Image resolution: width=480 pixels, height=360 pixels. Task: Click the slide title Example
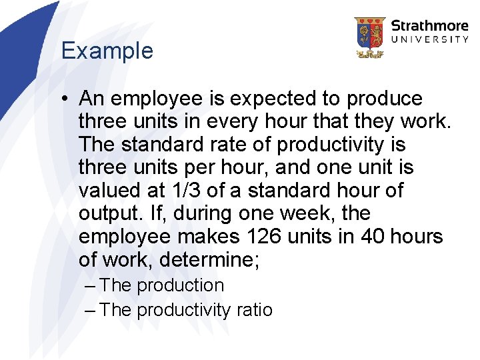pos(107,51)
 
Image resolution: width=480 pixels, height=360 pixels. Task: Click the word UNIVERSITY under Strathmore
pos(429,40)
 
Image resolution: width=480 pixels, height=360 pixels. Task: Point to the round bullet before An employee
pos(65,99)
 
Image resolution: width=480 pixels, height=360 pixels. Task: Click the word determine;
pos(209,260)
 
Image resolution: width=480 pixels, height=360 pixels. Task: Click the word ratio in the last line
pos(254,310)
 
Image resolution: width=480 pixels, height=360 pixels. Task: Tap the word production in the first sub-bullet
pos(180,285)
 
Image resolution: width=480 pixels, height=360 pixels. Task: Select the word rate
pos(204,145)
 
